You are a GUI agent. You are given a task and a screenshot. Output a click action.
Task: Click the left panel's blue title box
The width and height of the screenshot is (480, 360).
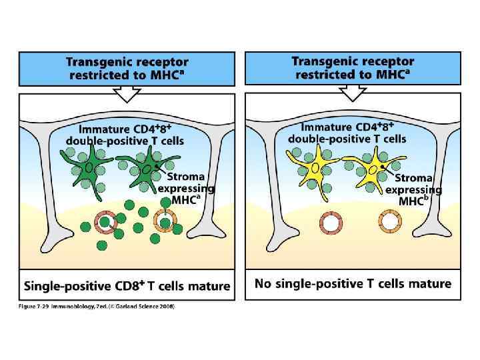(x=127, y=68)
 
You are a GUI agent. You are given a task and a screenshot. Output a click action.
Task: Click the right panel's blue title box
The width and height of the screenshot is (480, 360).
(x=352, y=67)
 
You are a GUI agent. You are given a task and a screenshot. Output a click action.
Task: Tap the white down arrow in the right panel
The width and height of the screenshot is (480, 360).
(x=353, y=93)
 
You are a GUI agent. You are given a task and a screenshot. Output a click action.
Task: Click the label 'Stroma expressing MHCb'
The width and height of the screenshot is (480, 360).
(x=413, y=189)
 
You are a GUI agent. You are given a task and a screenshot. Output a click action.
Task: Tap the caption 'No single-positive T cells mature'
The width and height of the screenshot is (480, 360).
(x=353, y=284)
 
